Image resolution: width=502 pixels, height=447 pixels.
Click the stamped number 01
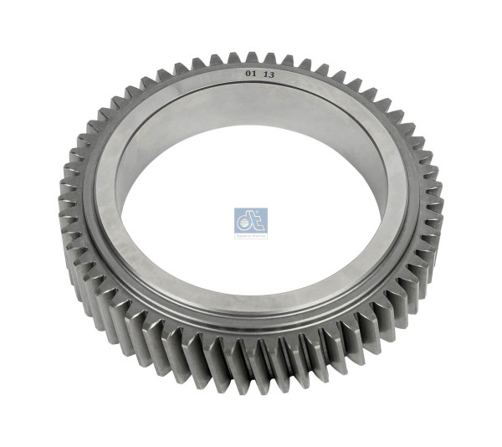coord(250,74)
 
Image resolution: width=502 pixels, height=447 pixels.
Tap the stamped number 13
coord(269,74)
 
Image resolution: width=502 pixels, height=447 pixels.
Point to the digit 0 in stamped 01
coord(248,74)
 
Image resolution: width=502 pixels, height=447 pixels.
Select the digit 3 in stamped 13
coord(272,74)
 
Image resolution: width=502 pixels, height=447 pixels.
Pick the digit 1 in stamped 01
coord(254,74)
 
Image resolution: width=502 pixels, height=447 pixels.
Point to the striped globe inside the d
coord(243,223)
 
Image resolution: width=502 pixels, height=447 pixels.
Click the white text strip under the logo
coord(251,235)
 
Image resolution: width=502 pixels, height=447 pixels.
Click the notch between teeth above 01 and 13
coord(260,60)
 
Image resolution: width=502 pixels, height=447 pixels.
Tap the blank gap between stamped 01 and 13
coord(260,74)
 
